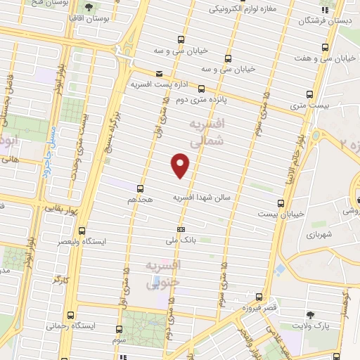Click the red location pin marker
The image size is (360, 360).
click(181, 165)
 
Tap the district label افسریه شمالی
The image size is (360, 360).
click(209, 131)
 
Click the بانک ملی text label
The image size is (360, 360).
click(181, 240)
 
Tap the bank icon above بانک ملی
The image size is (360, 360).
click(181, 229)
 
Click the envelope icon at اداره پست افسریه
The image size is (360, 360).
click(159, 73)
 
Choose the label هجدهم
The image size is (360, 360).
click(140, 199)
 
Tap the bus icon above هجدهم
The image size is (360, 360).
click(140, 188)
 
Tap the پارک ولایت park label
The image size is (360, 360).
click(311, 326)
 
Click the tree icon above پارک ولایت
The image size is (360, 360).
click(311, 315)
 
